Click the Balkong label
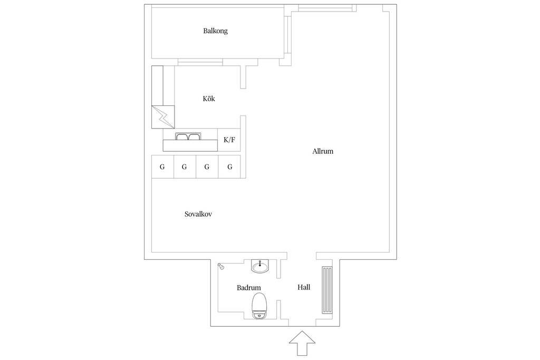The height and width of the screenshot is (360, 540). click(x=215, y=31)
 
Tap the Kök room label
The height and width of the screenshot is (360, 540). click(x=209, y=99)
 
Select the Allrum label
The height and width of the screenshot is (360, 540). click(x=323, y=151)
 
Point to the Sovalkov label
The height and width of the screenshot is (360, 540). click(x=198, y=214)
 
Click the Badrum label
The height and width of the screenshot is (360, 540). click(x=249, y=287)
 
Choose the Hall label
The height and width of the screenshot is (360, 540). click(x=304, y=287)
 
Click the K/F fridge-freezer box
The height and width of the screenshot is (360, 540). click(x=229, y=140)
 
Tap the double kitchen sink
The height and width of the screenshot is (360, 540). click(x=188, y=137)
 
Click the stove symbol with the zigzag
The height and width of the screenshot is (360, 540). click(x=163, y=116)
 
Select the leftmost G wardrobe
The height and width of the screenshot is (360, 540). click(x=162, y=167)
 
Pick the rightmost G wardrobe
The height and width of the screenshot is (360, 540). click(x=230, y=167)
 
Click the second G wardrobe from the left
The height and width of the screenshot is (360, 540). click(x=185, y=167)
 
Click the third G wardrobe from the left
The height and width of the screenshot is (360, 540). click(x=207, y=167)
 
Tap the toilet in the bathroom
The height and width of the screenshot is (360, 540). click(x=259, y=306)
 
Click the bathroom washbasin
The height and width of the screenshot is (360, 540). click(x=260, y=266)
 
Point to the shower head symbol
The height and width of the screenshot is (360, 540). click(x=221, y=266)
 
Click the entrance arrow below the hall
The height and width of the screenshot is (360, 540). click(x=302, y=343)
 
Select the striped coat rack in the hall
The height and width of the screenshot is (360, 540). click(x=327, y=290)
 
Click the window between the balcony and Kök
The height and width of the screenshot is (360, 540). click(x=200, y=62)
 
